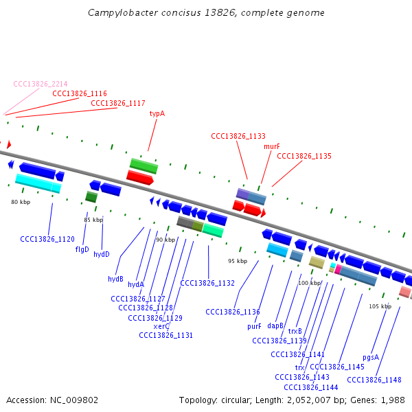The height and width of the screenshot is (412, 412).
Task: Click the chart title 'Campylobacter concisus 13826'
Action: [x=206, y=13]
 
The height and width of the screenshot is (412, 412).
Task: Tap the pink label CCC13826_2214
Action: [x=41, y=84]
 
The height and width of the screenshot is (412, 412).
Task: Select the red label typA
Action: [x=157, y=114]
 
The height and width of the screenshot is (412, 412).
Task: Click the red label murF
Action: [x=272, y=146]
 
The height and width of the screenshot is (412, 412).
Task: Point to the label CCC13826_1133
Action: [x=238, y=137]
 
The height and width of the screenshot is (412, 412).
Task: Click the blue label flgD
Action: [x=82, y=249]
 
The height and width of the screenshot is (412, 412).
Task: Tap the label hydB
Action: [x=115, y=279]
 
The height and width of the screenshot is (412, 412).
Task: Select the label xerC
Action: [x=161, y=326]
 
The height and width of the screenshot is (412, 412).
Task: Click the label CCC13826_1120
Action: [x=47, y=239]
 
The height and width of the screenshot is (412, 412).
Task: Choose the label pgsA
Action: [x=371, y=358]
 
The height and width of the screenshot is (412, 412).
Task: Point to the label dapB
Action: [x=275, y=325]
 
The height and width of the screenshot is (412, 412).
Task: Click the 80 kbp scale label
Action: [x=21, y=202]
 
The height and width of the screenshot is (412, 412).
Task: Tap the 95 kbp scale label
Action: [x=238, y=261]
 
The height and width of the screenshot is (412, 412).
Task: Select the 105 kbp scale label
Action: [x=380, y=306]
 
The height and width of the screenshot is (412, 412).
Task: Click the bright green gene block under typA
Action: [x=144, y=165]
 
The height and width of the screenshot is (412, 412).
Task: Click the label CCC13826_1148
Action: [x=374, y=380]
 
